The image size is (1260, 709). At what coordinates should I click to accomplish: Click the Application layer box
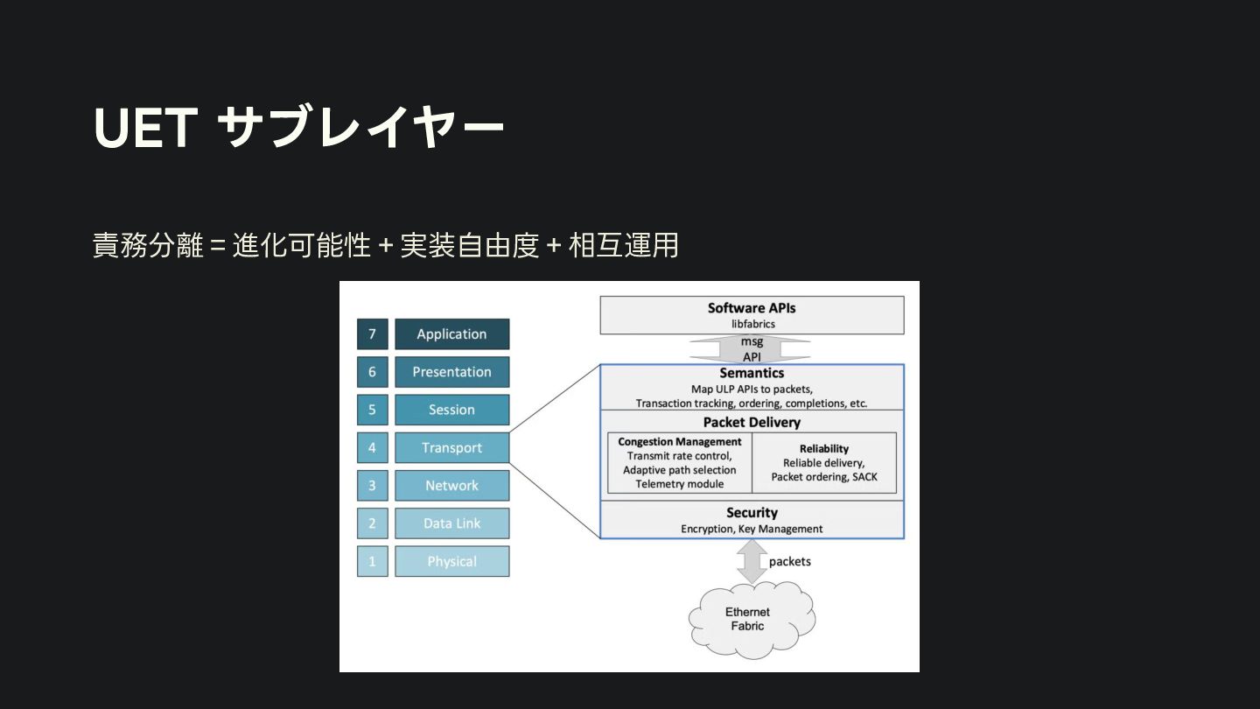click(x=451, y=334)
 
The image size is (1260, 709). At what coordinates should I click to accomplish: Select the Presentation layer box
click(x=451, y=372)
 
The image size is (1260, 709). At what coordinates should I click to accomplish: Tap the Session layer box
click(x=451, y=410)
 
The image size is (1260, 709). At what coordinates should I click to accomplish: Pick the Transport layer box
click(x=451, y=448)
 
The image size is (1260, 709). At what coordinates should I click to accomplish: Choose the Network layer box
click(x=451, y=486)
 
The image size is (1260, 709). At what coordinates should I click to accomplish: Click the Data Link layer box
click(x=451, y=523)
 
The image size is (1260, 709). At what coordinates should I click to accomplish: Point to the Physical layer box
click(x=451, y=561)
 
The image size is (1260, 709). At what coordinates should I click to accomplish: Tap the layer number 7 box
click(x=372, y=334)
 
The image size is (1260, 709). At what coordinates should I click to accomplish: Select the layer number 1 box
click(x=372, y=561)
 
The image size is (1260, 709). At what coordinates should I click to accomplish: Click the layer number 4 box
click(x=372, y=448)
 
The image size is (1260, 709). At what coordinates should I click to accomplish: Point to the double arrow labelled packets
click(x=752, y=561)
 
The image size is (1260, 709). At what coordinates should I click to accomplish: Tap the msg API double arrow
click(x=752, y=349)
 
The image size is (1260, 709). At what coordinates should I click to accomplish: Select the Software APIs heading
click(x=752, y=308)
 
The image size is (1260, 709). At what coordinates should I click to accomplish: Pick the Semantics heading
click(x=752, y=373)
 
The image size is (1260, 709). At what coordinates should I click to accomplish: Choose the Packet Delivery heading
click(x=752, y=422)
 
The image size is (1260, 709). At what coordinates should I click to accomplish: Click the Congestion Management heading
click(x=680, y=442)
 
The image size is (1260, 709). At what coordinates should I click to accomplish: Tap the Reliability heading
click(x=823, y=449)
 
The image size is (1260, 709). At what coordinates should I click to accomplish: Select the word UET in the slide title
click(x=144, y=128)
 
